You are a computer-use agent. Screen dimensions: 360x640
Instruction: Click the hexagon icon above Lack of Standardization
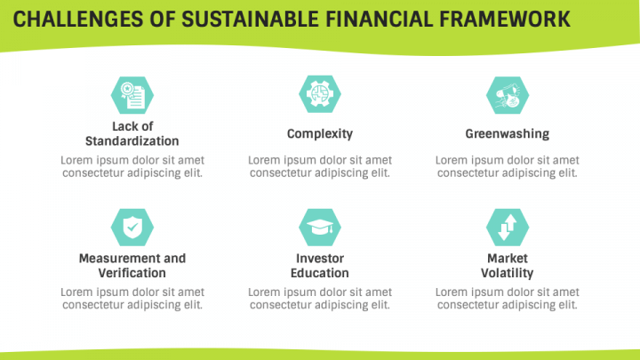point(132,94)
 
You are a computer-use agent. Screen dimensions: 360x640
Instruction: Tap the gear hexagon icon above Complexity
point(319,94)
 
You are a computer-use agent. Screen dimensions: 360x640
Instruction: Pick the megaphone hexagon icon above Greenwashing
point(507,94)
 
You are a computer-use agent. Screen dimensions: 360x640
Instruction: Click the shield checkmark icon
point(132,227)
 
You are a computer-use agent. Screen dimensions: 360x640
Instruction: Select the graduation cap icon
point(319,227)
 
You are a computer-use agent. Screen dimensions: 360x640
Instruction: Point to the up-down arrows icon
point(507,227)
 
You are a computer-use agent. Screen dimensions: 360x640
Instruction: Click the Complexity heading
point(319,134)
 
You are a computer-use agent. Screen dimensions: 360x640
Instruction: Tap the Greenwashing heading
point(507,134)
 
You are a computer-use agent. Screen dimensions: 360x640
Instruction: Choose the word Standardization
point(132,141)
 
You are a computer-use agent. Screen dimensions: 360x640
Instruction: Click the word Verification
point(132,273)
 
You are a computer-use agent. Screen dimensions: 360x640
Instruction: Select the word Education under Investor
point(319,273)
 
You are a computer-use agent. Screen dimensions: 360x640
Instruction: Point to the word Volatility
point(507,273)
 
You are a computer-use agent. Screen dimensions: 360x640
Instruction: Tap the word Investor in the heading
point(319,259)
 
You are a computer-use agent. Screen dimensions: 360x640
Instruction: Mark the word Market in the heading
point(507,259)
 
